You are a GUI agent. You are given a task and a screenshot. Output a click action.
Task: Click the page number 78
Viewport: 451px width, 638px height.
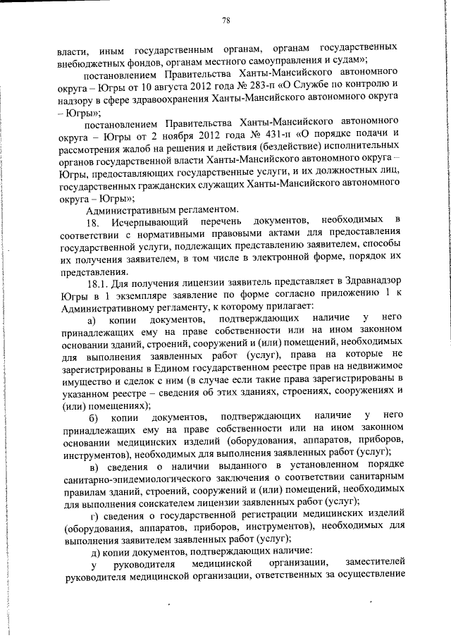pos(225,20)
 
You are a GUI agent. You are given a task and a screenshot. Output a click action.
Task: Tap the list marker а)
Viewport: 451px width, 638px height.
pos(92,321)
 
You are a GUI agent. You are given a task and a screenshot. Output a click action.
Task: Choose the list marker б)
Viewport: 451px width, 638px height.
pos(92,419)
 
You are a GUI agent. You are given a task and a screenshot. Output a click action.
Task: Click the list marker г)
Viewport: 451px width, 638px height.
pos(94,518)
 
